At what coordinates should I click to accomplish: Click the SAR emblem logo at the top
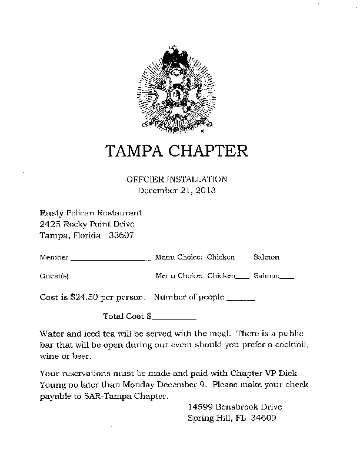176,89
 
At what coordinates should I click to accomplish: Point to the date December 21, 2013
176,190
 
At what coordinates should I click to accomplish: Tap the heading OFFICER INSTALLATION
176,179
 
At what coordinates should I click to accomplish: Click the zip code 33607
121,235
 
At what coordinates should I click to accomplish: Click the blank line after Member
111,259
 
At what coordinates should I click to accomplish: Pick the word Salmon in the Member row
266,257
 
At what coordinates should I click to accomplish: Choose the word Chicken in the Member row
221,257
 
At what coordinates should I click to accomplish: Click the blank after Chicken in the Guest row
242,277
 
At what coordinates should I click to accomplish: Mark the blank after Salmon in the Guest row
286,277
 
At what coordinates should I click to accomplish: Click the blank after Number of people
241,299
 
